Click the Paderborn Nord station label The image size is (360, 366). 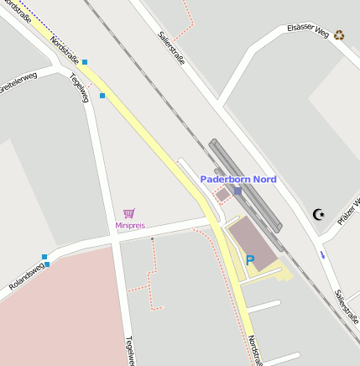(237, 179)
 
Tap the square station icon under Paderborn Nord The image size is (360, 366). (237, 191)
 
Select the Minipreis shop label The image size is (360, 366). (130, 226)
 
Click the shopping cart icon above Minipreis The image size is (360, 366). (129, 214)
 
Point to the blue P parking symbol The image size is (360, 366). (249, 261)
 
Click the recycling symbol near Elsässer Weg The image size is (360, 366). (339, 35)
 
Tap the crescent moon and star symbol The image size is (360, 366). (318, 215)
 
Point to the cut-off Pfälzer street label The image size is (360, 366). (348, 210)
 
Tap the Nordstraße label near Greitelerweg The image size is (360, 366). (65, 50)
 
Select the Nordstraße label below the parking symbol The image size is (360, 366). (253, 350)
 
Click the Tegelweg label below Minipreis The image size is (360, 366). (130, 351)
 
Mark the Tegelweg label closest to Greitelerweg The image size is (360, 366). (80, 88)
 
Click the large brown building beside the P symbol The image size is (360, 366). (253, 243)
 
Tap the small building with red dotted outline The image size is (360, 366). (222, 195)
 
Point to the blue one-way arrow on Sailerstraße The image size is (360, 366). (322, 254)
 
